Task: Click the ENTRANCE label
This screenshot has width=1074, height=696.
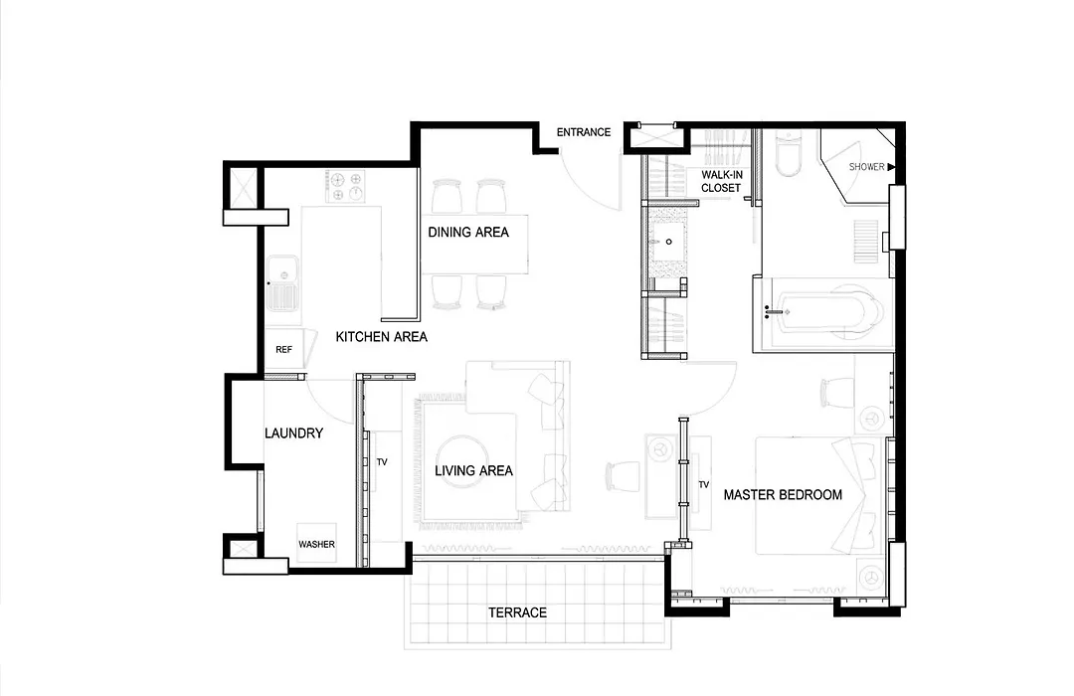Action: (x=584, y=132)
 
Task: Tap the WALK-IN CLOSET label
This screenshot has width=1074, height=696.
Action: (x=721, y=181)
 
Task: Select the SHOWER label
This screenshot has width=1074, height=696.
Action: (x=866, y=166)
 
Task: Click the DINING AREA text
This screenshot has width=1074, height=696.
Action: (x=468, y=233)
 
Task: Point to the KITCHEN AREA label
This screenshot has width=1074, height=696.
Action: (x=382, y=336)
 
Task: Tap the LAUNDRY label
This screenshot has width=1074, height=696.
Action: (x=293, y=433)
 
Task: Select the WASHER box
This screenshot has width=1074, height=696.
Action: (x=316, y=544)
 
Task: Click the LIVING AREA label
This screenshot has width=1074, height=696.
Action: (x=474, y=470)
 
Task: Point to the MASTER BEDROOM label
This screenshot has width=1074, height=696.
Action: (x=783, y=494)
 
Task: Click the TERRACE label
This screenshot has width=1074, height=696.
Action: (x=518, y=612)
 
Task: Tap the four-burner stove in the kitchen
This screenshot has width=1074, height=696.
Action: (x=345, y=186)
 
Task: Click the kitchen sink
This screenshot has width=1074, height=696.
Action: (x=282, y=283)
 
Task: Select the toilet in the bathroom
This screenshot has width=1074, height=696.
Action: (x=789, y=155)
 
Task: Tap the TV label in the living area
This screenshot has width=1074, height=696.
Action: (x=382, y=461)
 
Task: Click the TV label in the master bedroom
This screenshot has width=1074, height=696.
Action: (x=703, y=484)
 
